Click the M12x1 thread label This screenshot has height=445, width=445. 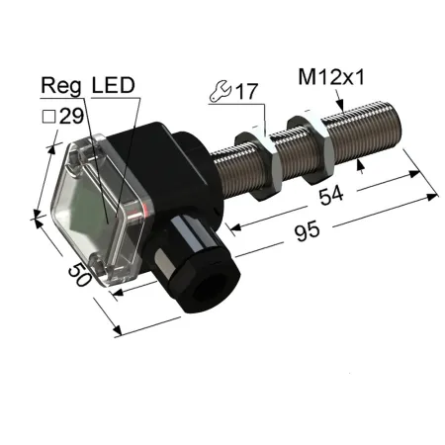(331, 78)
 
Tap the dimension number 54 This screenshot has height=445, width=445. (331, 195)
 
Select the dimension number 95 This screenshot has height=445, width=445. (307, 231)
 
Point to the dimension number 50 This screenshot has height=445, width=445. (80, 275)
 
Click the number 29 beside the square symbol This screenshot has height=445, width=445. (71, 116)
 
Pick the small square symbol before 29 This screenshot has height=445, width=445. (48, 117)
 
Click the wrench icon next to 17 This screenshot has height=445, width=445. (221, 91)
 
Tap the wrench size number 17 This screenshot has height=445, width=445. (246, 91)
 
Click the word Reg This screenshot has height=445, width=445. (61, 86)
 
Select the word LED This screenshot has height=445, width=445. (114, 85)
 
